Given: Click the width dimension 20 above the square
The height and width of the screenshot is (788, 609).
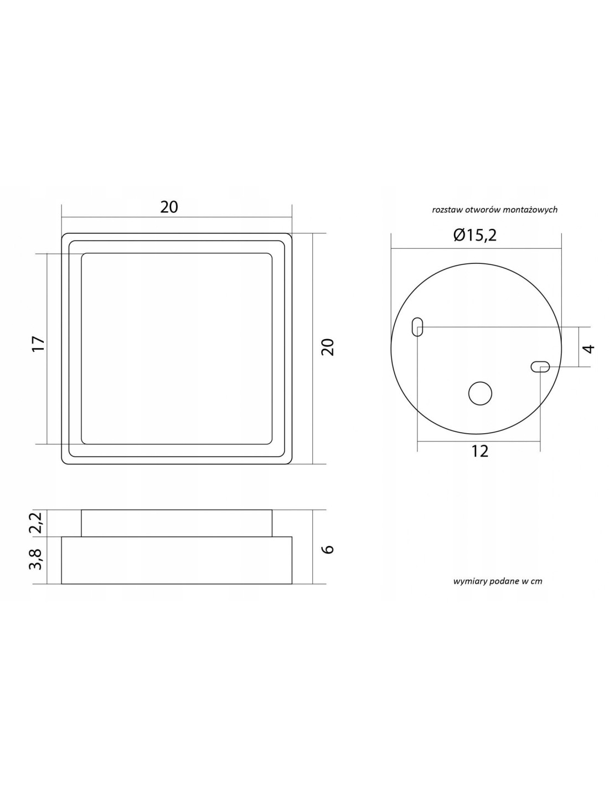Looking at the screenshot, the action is (x=169, y=207).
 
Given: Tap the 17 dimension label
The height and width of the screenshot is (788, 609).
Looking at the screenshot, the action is (x=38, y=344).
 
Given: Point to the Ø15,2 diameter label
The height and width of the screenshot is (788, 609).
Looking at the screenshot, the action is (x=474, y=236).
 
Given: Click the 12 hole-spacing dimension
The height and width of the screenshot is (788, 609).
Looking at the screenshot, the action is (x=480, y=452).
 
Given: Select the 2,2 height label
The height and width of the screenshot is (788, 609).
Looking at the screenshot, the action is (x=38, y=523).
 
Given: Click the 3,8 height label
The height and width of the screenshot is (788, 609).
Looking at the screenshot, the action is (x=38, y=560).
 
